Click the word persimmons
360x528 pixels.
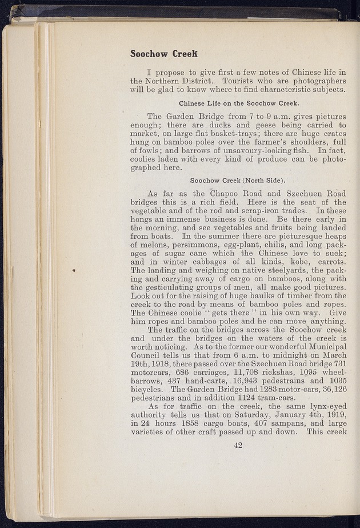[x=175, y=242]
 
